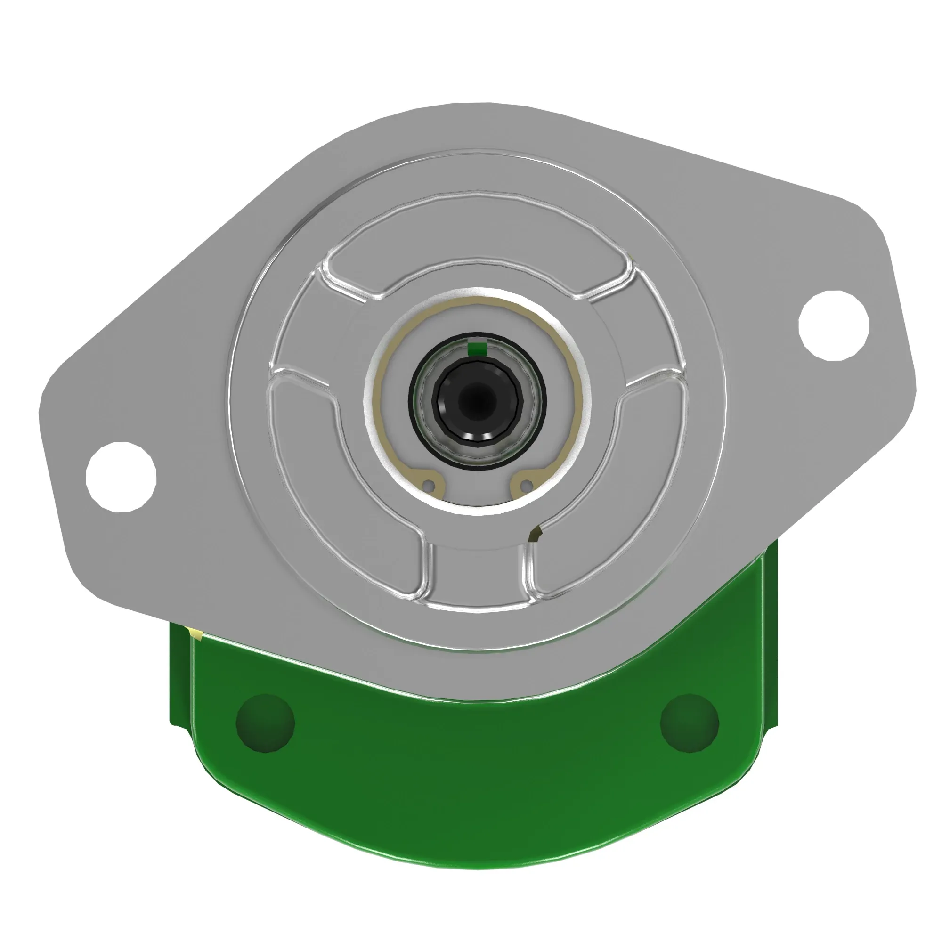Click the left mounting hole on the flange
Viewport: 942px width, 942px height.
tap(121, 477)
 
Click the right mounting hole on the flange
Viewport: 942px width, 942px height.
tap(834, 326)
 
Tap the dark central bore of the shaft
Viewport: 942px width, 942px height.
tap(479, 401)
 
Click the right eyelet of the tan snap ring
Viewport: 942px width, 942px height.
tap(526, 486)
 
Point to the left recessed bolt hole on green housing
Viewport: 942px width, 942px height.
tap(265, 723)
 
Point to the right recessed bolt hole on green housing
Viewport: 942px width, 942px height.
tap(689, 723)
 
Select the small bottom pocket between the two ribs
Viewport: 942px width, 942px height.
tap(479, 576)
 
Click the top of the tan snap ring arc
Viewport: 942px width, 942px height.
tap(478, 301)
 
